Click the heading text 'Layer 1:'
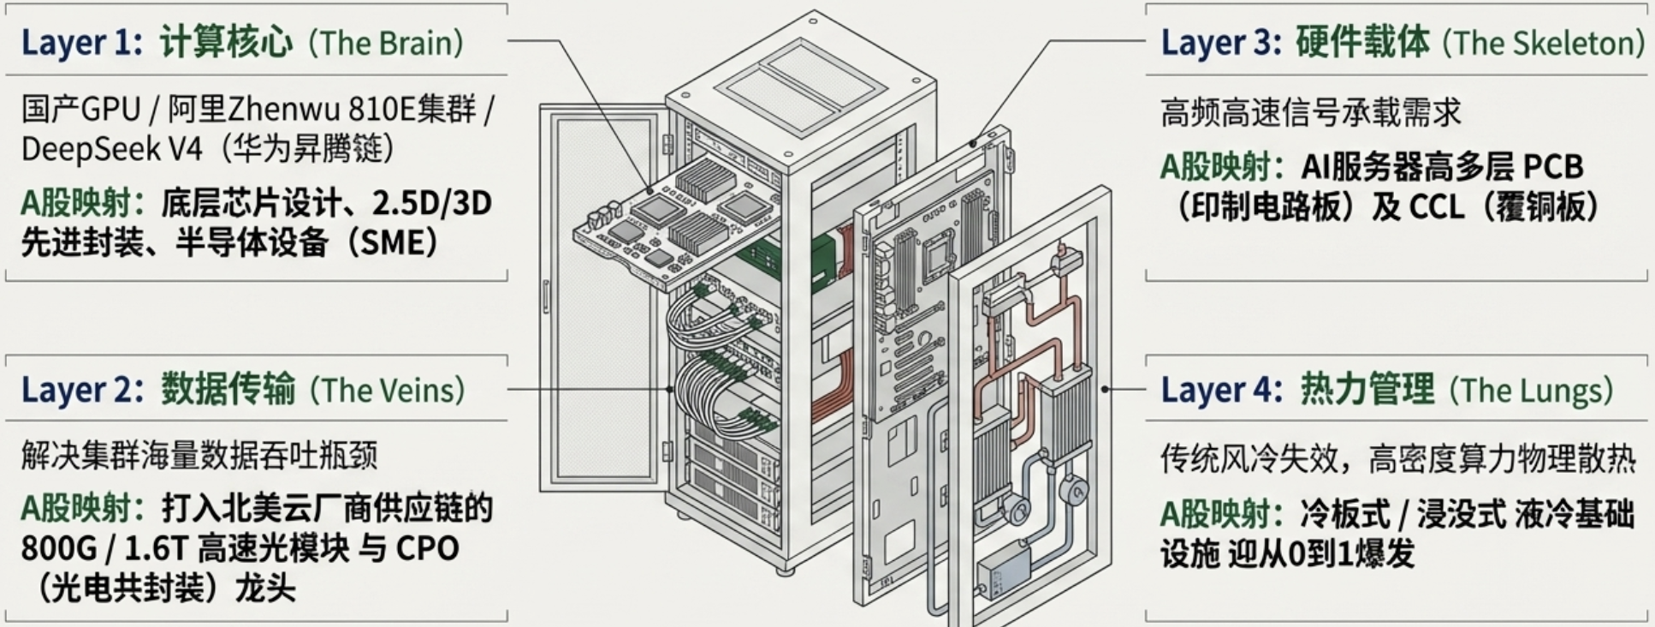pyautogui.click(x=81, y=43)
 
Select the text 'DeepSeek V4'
pyautogui.click(x=111, y=149)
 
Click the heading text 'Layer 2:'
pyautogui.click(x=82, y=390)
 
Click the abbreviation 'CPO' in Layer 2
pyautogui.click(x=427, y=548)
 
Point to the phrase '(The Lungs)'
pyautogui.click(x=1531, y=390)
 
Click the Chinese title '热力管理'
pyautogui.click(x=1367, y=389)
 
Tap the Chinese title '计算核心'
pyautogui.click(x=226, y=42)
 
